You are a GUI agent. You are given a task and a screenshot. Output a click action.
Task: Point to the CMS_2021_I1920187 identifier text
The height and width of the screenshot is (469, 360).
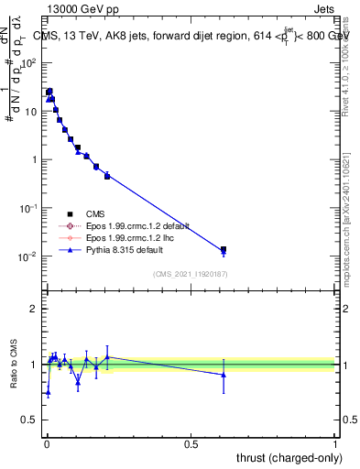point(190,273)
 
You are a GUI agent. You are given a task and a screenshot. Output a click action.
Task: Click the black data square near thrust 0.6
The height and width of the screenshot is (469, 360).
point(224,249)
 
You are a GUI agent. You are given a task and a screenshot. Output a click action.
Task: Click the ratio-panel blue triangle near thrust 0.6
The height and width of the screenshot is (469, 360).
point(224,375)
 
